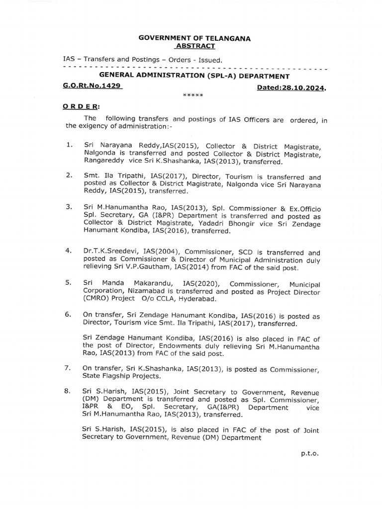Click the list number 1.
tap(69, 145)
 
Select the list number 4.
tap(69, 253)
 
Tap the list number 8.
tap(69, 392)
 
